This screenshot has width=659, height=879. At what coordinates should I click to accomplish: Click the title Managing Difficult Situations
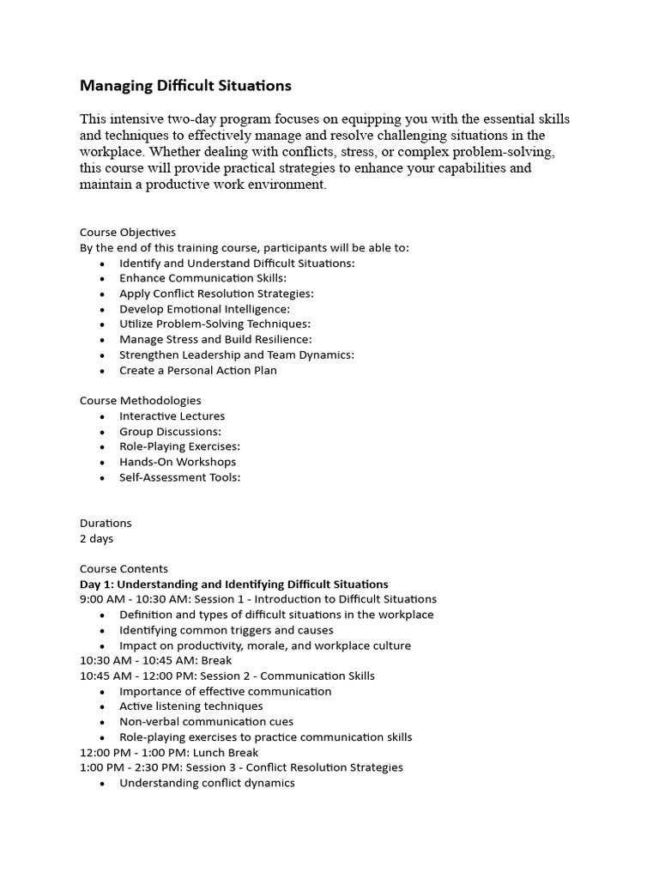click(x=185, y=86)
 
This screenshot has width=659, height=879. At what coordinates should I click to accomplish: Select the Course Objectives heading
click(x=128, y=232)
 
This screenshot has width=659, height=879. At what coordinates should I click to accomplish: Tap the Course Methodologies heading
click(x=141, y=400)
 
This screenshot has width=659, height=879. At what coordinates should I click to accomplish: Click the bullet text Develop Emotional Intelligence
click(x=204, y=308)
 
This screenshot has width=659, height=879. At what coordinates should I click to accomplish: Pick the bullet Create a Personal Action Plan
click(x=197, y=370)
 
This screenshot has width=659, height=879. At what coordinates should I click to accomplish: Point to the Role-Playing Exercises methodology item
click(x=179, y=446)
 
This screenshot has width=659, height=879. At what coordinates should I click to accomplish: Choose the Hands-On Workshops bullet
click(x=178, y=462)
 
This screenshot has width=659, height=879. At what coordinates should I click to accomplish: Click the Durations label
click(x=106, y=523)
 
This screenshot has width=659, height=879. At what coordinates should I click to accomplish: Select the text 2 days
click(x=96, y=538)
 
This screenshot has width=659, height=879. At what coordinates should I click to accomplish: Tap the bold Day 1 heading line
click(x=233, y=584)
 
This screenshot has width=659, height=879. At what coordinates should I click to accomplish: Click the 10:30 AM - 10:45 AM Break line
click(x=155, y=660)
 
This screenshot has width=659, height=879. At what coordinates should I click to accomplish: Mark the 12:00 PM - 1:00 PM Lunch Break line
click(x=168, y=752)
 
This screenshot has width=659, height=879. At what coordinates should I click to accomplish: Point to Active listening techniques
click(x=190, y=706)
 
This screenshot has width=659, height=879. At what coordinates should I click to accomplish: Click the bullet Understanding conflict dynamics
click(x=207, y=783)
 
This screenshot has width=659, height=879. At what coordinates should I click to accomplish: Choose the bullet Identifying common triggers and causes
click(x=227, y=630)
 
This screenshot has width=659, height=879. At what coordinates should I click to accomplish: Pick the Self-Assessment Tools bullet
click(x=179, y=477)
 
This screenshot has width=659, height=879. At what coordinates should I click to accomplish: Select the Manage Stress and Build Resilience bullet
click(x=215, y=339)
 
